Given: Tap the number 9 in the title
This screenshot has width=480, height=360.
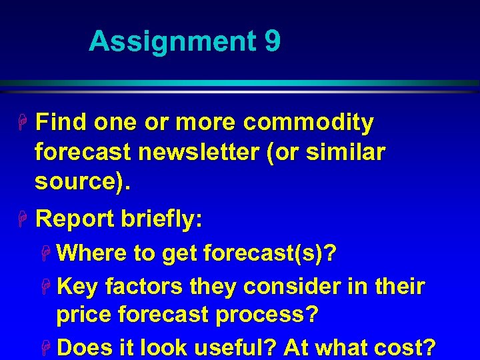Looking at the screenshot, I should coord(272,41).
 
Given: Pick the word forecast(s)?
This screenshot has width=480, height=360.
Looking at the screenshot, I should coord(269,253).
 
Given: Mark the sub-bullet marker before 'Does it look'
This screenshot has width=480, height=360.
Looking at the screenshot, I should coord(47,348).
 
